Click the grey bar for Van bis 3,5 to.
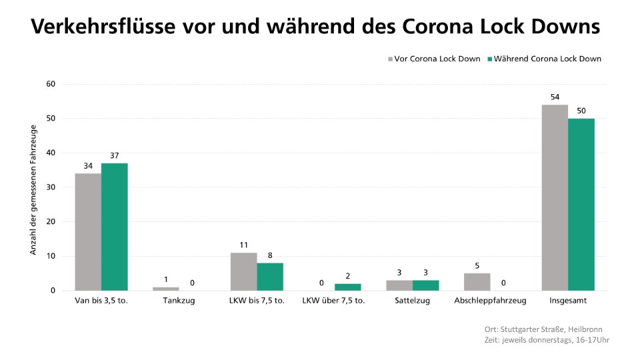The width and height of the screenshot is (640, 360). tap(88, 232)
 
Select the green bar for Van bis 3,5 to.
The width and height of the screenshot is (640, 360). tap(115, 227)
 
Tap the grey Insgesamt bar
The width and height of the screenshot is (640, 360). tap(555, 197)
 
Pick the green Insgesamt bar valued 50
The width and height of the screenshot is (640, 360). tap(581, 204)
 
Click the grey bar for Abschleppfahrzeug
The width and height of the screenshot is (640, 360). tap(477, 282)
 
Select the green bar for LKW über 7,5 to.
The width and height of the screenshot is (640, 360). tap(347, 287)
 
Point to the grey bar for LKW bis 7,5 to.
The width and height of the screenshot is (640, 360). tap(243, 271)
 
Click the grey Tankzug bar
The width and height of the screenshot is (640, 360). tap(166, 289)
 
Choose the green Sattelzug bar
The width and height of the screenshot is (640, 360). tap(425, 285)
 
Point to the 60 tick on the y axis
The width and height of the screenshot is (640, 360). tap(51, 84)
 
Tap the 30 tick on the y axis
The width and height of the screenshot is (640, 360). tap(51, 187)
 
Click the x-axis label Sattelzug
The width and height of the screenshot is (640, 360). tap(412, 301)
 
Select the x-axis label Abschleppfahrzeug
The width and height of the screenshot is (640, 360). tap(490, 301)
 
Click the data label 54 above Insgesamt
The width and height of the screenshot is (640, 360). tap(555, 97)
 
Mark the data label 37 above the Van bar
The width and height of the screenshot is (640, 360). tap(115, 155)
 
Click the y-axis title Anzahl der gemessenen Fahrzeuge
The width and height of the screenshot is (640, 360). tap(33, 189)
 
